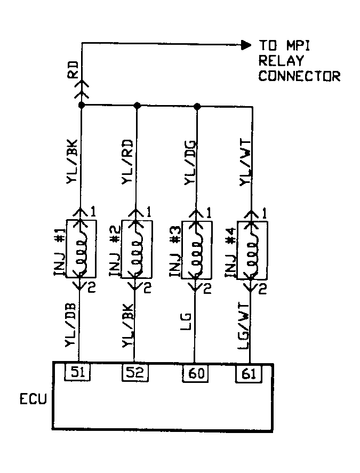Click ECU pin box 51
point(78,372)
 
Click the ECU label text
point(34,399)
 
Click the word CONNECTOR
point(299,76)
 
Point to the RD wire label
point(74,69)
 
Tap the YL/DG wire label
point(189,163)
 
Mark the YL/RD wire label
point(128,163)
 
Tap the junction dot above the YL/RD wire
point(137,106)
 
